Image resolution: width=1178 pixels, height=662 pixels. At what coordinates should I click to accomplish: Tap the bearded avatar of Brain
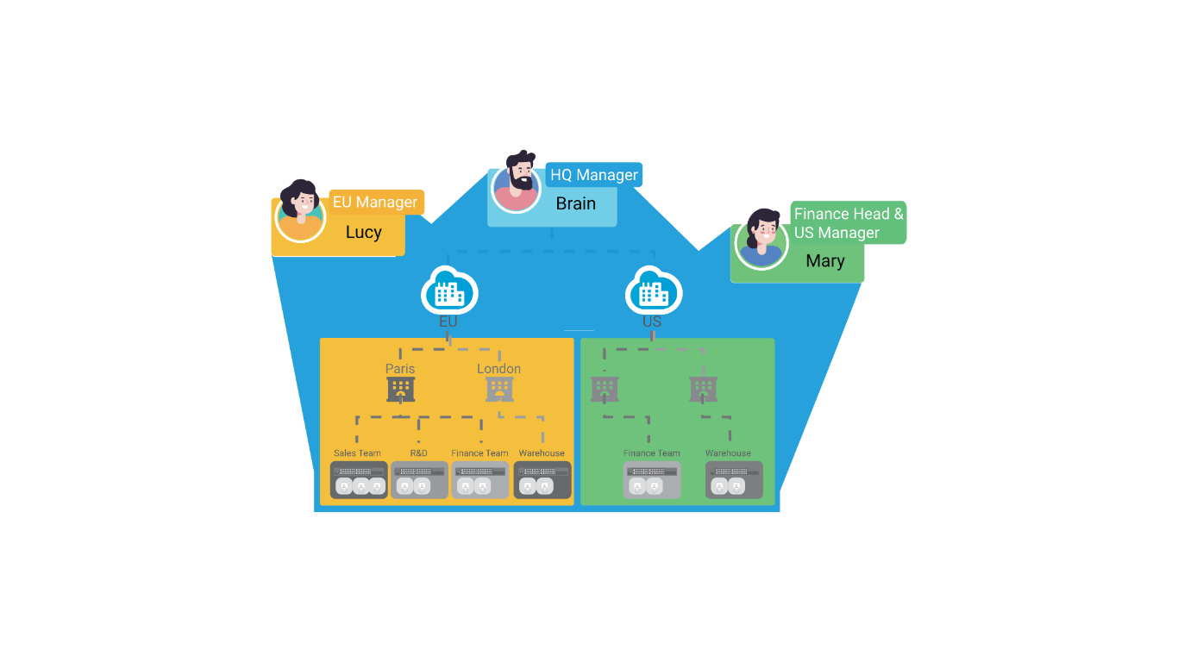(x=517, y=185)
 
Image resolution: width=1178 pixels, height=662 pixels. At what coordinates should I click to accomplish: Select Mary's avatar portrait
(x=761, y=240)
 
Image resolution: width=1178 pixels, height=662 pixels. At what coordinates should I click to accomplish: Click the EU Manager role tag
(x=375, y=203)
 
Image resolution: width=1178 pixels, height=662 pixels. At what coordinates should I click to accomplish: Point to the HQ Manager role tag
(x=594, y=175)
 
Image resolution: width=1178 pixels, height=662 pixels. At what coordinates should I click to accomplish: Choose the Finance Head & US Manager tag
(x=849, y=223)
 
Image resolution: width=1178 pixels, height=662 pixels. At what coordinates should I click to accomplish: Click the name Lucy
(x=363, y=233)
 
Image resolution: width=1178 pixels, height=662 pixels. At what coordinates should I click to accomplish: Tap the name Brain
(x=575, y=204)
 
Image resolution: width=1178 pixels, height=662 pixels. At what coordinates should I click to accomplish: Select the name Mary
(x=824, y=261)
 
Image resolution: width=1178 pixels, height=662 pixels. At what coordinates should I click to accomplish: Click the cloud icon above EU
(x=449, y=291)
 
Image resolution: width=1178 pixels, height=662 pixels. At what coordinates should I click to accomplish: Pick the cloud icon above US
(x=654, y=291)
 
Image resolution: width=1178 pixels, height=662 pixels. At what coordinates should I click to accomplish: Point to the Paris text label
(x=400, y=369)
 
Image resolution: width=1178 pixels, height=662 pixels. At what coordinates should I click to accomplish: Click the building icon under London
(x=499, y=389)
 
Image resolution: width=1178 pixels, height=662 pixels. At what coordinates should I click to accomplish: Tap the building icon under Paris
(x=400, y=389)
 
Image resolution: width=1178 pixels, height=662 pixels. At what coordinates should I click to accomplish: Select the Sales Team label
(x=357, y=453)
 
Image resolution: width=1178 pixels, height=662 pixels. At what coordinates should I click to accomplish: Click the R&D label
(x=418, y=453)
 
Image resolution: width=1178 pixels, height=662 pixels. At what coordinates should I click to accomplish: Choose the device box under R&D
(x=419, y=480)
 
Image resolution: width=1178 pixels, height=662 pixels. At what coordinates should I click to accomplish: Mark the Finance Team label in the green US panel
(x=652, y=453)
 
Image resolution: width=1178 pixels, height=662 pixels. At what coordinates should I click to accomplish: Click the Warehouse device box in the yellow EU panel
(x=542, y=480)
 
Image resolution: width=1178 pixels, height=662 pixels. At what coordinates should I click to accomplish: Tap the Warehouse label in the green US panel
(x=728, y=453)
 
